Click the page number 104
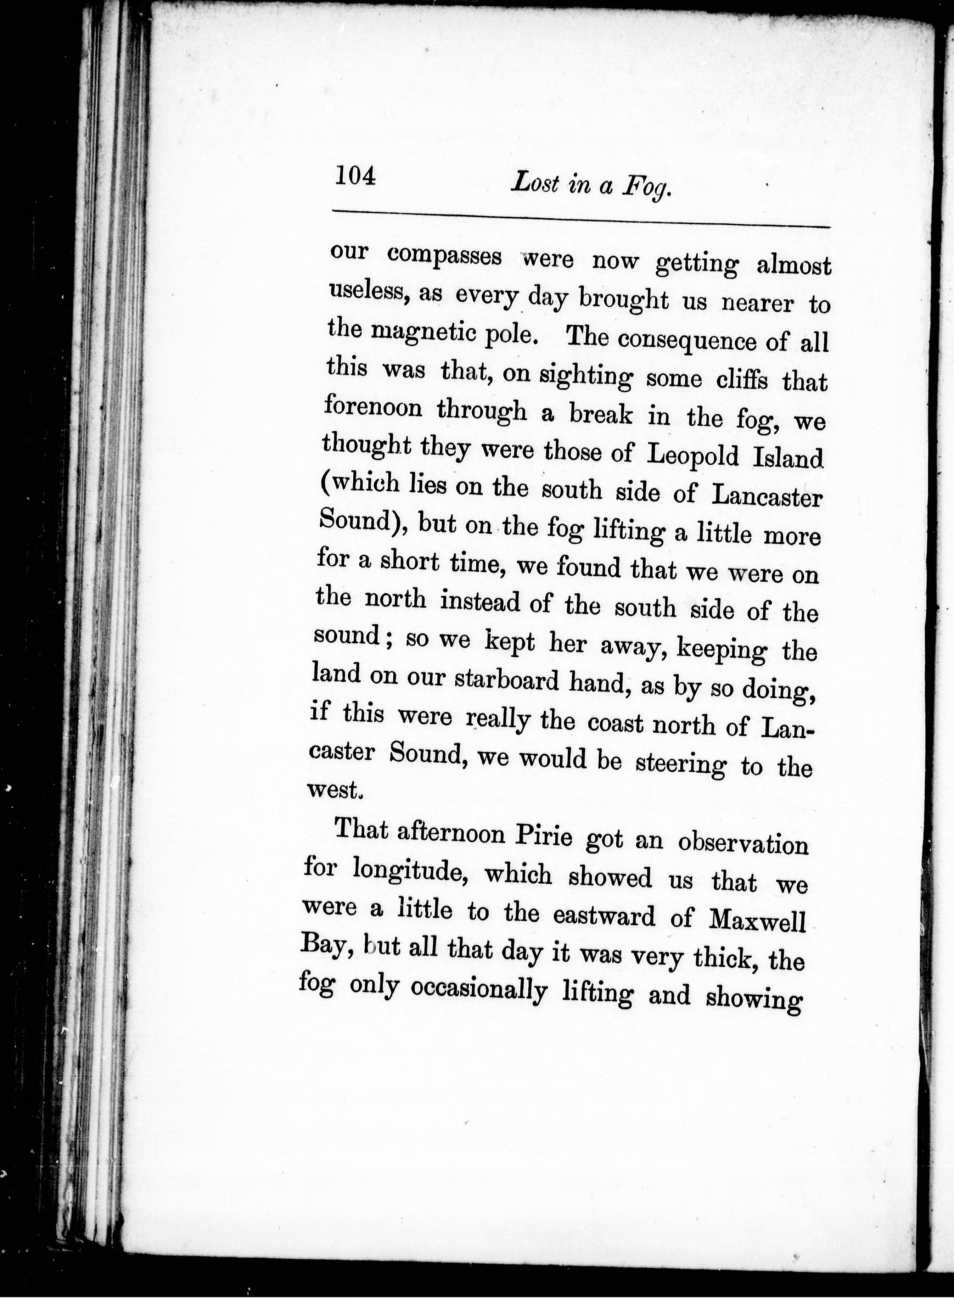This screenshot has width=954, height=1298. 355,175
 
